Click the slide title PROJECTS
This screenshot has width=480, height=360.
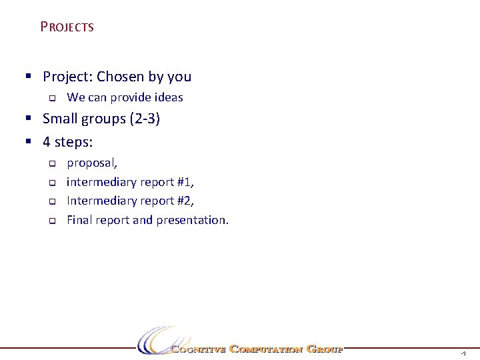[67, 27]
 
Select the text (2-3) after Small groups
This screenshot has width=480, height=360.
[145, 119]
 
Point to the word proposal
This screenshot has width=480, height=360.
[92, 163]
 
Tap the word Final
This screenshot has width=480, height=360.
[80, 220]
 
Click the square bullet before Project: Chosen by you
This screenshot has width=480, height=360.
[29, 77]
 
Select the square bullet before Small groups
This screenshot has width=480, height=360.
[29, 119]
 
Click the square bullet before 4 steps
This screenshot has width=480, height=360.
[29, 141]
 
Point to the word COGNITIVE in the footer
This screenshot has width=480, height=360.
[198, 349]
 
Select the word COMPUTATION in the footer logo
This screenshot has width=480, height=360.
[266, 349]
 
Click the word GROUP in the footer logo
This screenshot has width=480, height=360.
[324, 349]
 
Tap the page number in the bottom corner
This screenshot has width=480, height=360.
[463, 353]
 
